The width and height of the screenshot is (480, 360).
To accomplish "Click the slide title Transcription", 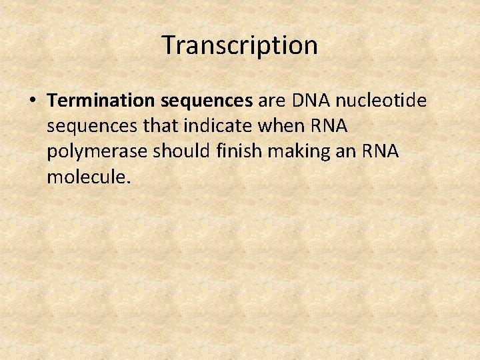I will [240, 45].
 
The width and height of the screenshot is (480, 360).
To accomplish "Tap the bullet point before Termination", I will [33, 101].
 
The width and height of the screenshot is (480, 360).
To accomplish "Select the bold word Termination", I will [101, 101].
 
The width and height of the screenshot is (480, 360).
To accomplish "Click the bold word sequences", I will [206, 101].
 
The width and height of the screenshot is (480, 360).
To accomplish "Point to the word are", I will [271, 101].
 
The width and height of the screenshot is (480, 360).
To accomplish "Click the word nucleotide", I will [381, 101].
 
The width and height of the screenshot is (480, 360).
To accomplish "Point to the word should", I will [175, 151].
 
